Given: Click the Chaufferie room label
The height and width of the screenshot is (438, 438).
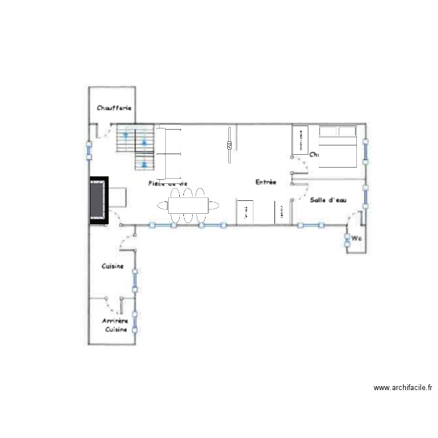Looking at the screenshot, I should tap(114, 108).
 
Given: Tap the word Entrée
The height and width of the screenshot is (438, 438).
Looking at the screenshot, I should tap(266, 183).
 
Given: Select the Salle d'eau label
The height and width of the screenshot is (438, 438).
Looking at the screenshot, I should tap(328, 200).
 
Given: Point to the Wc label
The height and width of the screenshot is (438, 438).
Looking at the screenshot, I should tap(355, 238).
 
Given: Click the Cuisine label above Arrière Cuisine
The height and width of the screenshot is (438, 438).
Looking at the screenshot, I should tap(112, 266).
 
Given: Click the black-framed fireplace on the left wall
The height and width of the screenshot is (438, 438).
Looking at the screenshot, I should tap(98, 201).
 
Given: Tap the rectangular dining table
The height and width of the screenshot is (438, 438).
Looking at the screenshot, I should tap(188, 205).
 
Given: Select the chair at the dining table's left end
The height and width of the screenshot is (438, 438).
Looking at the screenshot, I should tap(162, 205).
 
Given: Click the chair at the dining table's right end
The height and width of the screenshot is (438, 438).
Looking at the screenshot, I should tap(214, 205).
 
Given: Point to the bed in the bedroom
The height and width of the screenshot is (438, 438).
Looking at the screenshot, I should tap(337, 147).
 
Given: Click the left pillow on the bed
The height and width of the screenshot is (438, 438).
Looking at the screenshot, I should tap(328, 131).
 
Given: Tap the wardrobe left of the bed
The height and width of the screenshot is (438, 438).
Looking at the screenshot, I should tap(300, 140).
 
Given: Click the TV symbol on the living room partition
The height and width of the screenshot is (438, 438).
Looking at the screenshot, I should tap(230, 145).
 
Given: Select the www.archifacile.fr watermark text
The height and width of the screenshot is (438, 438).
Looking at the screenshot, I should tap(403, 387).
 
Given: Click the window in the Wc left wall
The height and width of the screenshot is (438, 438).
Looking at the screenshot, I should tap(346, 239).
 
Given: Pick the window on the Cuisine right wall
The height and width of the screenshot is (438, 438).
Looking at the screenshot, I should tap(135, 280).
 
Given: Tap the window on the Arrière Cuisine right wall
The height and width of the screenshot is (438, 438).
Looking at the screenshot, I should tap(135, 322).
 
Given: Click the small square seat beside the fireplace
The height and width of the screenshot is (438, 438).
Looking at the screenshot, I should tap(118, 197).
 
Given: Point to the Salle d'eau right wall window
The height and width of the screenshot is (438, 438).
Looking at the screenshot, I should tap(365, 197).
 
